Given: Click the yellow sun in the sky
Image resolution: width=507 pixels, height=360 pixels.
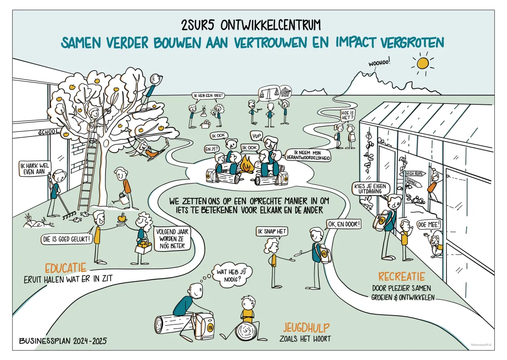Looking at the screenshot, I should (x=422, y=63).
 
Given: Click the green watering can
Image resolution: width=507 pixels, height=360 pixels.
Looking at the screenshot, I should (x=122, y=197).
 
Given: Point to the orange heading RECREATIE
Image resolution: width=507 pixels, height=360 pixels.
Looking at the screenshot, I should (x=401, y=277).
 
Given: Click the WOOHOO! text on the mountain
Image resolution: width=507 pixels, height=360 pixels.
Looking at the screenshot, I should (x=379, y=63).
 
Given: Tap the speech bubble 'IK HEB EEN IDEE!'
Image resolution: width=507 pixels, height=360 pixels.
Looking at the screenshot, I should (x=207, y=96).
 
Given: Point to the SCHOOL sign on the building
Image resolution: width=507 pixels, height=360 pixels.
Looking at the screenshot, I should (x=49, y=132).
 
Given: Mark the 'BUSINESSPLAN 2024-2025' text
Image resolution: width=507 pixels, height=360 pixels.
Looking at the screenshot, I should (x=63, y=340).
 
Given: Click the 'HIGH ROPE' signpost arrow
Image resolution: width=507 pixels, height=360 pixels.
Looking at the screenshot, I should (x=416, y=173).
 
